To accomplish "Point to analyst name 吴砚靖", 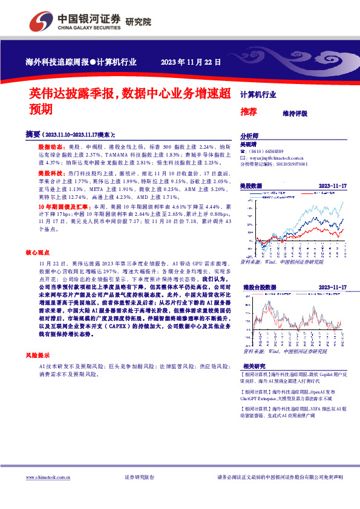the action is [249, 145].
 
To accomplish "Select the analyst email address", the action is [278, 157].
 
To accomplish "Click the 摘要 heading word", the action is [33, 134].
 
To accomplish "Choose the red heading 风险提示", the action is [38, 355].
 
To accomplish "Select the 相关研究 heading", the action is [254, 366].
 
